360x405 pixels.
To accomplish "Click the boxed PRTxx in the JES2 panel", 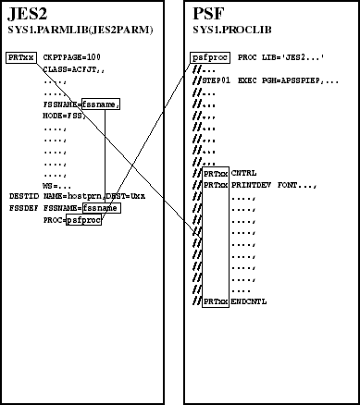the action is click(x=19, y=57).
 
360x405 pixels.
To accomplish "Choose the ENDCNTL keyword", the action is click(x=250, y=301).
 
